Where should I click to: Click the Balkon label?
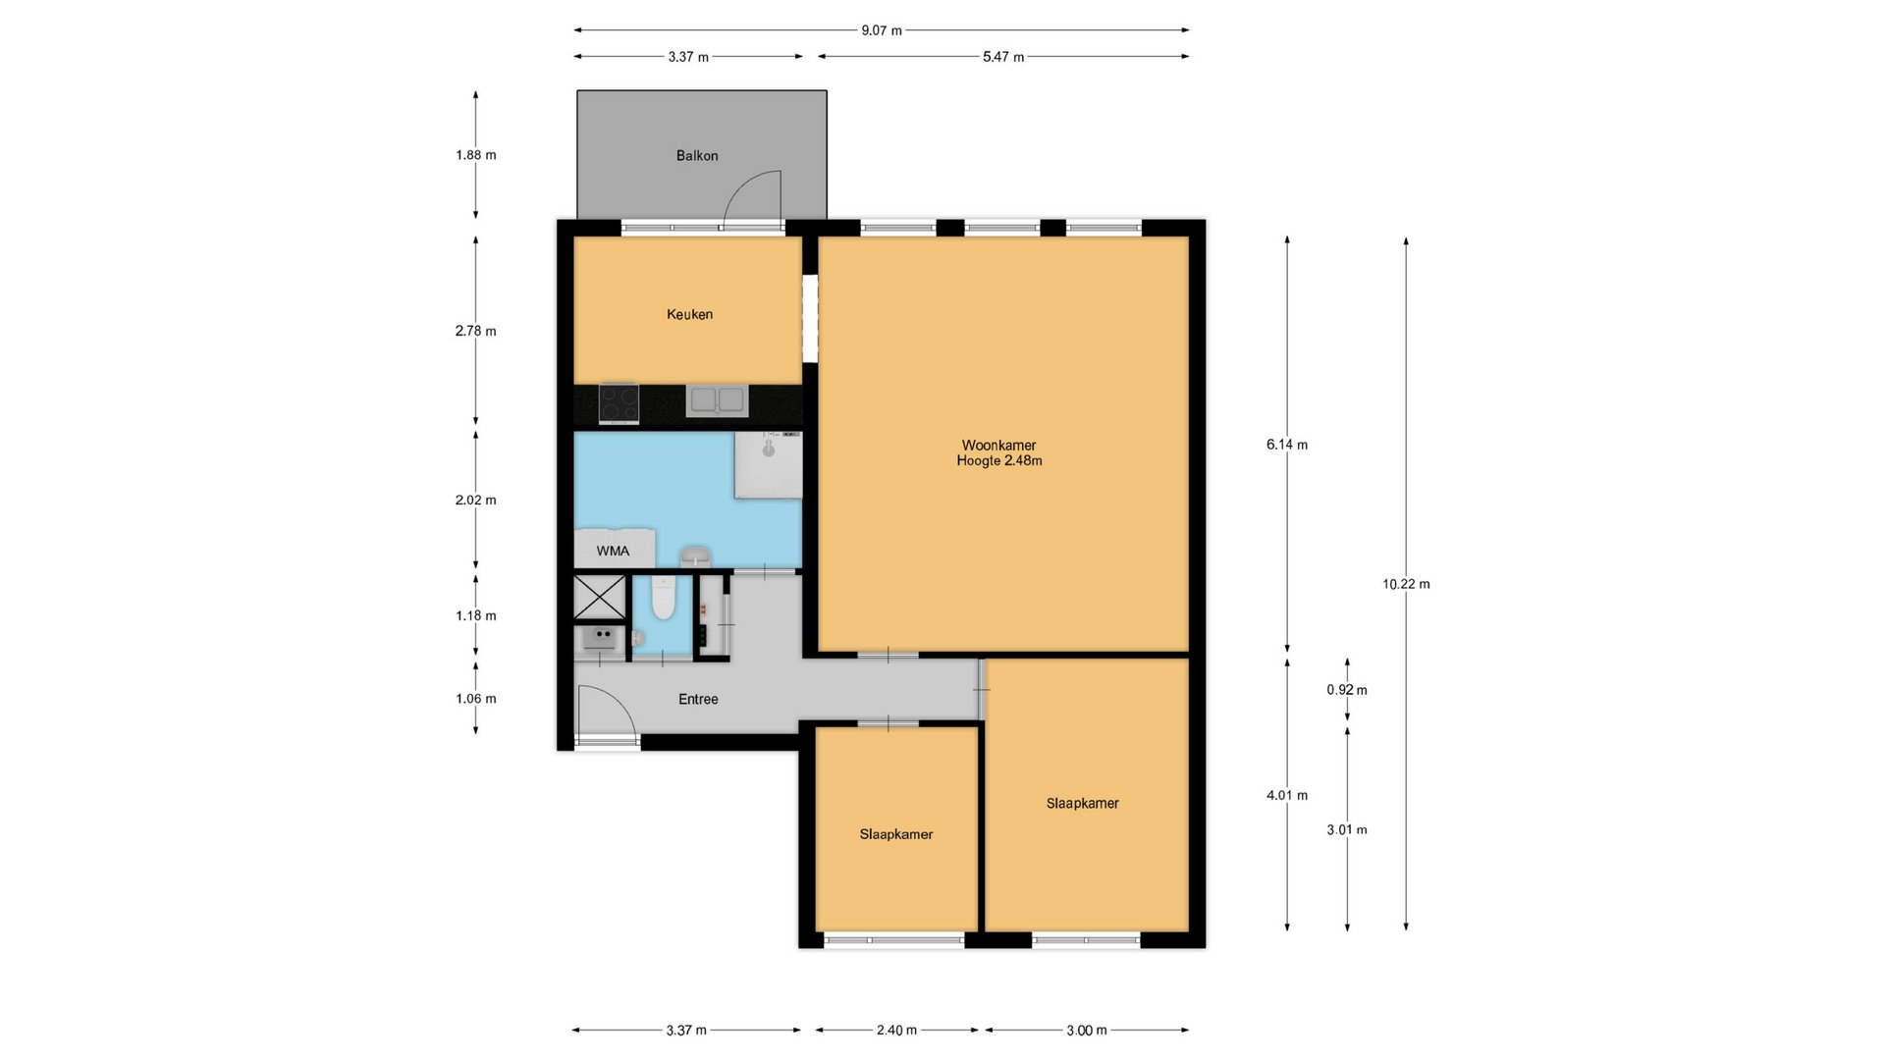coord(697,155)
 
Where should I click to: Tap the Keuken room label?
coord(689,314)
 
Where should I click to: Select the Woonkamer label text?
coord(998,445)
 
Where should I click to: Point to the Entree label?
coord(698,699)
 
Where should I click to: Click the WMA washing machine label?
coord(613,551)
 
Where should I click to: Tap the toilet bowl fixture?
coord(663,598)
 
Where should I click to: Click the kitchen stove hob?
coord(619,403)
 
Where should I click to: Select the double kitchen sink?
coord(717,400)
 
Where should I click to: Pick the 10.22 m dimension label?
coord(1406,584)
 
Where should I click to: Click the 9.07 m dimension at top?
coord(882,30)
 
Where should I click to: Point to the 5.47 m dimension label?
coord(1003,57)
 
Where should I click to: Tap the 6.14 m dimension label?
coord(1287,445)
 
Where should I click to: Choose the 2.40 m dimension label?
coord(896,1031)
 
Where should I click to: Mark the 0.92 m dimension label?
coord(1347,690)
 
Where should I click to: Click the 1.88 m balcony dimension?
coord(476,155)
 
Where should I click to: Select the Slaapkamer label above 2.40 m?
coord(896,834)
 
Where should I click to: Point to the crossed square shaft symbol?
coord(599,598)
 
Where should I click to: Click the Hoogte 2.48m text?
coord(999,460)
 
